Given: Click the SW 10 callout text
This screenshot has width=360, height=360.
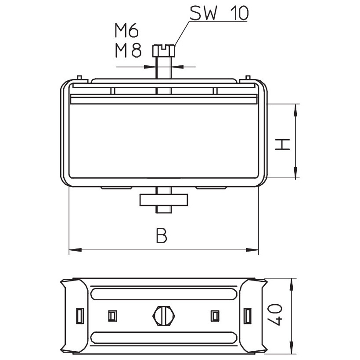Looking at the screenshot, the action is (219, 13).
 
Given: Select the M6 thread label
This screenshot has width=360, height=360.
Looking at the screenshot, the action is (126, 31).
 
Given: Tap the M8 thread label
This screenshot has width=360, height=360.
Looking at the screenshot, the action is (128, 50).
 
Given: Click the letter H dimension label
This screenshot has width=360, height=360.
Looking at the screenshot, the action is (283, 144).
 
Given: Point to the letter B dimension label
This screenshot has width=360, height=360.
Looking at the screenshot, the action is (162, 235).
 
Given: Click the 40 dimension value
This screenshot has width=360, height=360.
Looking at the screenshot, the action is (275, 314).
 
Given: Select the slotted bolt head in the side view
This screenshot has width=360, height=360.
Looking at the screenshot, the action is (164, 51).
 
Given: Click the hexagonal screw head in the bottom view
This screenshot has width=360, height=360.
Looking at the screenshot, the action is (163, 316).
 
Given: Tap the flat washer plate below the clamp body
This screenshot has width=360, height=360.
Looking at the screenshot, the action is (164, 200).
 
